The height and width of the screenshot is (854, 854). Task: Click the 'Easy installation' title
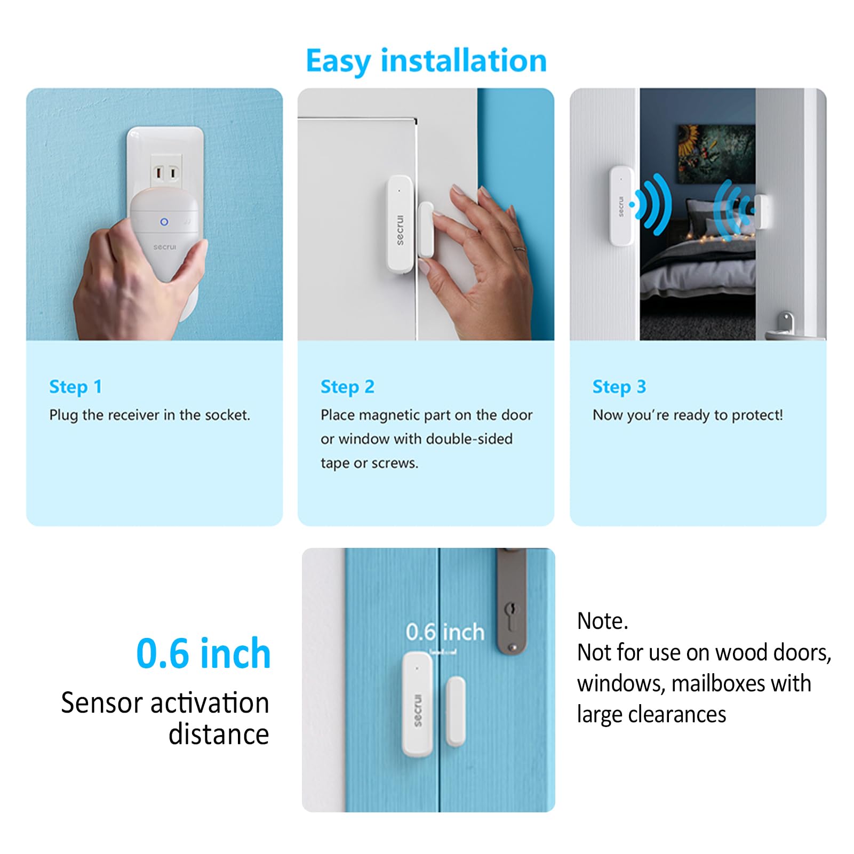click(426, 61)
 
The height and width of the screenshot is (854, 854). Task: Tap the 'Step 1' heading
click(75, 387)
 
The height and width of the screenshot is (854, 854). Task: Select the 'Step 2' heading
click(347, 387)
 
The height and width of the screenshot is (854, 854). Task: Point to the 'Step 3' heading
click(619, 387)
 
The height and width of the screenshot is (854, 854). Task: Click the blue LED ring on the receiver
click(164, 222)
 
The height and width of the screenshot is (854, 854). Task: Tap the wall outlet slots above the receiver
click(165, 173)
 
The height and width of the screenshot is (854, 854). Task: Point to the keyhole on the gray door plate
click(512, 609)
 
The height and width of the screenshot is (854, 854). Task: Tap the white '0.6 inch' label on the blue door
click(445, 632)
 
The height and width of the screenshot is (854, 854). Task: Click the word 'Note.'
click(603, 621)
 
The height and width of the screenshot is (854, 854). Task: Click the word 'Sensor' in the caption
click(102, 703)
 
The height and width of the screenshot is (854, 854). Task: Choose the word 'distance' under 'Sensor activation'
click(219, 735)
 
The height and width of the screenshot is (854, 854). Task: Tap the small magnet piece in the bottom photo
click(456, 711)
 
